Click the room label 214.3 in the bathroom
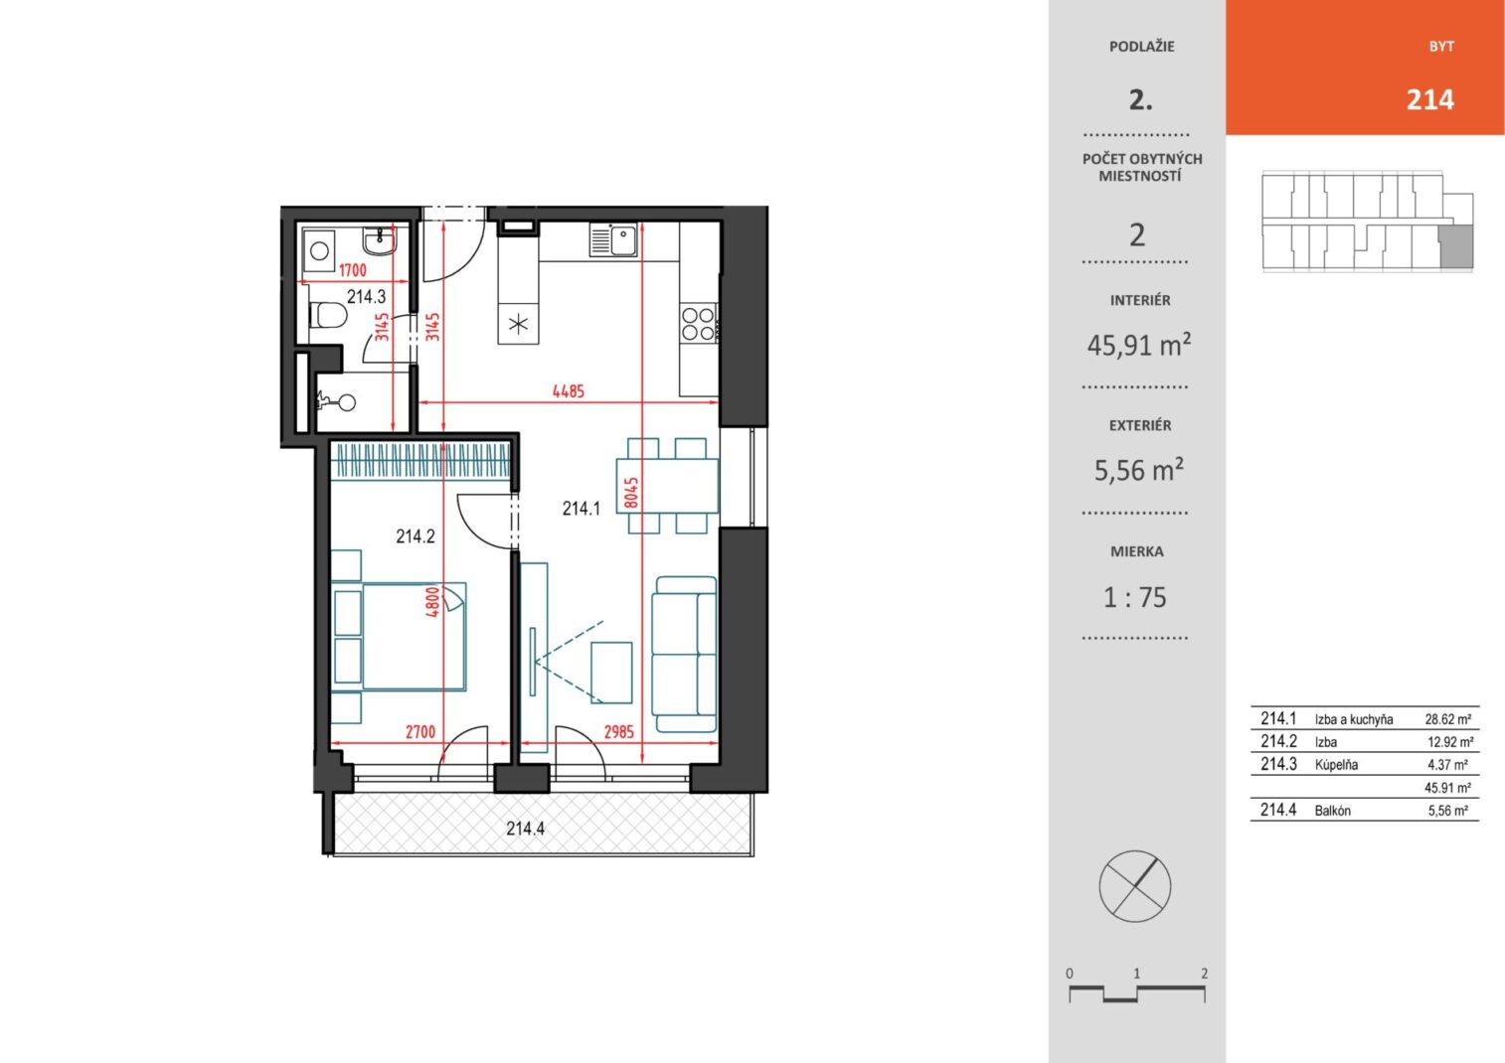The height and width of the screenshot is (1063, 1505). coord(366,296)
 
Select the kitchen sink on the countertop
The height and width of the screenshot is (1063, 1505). coord(613,240)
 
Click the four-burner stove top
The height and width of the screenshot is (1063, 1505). coord(698,323)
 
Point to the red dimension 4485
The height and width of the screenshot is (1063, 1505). coord(569,390)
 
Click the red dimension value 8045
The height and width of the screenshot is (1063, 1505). coord(631,492)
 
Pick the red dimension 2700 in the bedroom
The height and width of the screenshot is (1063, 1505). coord(419,731)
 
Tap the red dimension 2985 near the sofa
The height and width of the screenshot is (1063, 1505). coord(618,731)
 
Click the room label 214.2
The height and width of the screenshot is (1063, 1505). coord(416,535)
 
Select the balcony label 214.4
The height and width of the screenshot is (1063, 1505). coord(526,829)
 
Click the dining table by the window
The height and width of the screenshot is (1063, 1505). coord(667,486)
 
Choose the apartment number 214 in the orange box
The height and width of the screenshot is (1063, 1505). coord(1430,99)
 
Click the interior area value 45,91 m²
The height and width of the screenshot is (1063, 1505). coord(1139,345)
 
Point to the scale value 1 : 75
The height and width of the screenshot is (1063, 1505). coord(1135,597)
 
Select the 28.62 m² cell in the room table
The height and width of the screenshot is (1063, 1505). coord(1448,719)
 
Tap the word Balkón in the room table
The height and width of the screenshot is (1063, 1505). coord(1332,811)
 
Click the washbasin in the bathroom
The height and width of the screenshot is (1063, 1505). coord(380,239)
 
